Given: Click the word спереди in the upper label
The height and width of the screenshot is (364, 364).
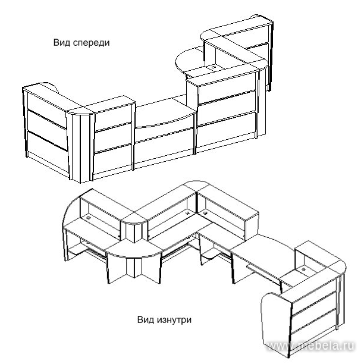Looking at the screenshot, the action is [x=91, y=43].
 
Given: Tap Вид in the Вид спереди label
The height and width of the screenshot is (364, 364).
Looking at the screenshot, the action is [x=62, y=42].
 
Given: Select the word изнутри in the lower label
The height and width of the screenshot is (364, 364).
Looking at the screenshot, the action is [x=175, y=320].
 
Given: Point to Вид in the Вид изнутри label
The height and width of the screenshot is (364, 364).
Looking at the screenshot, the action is [x=146, y=319].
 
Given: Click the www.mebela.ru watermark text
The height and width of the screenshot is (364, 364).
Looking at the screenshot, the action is [x=311, y=346].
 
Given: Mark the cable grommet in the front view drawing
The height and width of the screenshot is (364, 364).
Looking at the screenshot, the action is [x=214, y=67].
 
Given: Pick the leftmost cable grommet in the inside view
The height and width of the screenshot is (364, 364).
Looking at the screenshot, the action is [x=89, y=218].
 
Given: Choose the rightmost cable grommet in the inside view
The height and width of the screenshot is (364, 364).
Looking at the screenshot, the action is [x=304, y=270].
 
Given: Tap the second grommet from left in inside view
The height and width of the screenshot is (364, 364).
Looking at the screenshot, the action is [x=187, y=213].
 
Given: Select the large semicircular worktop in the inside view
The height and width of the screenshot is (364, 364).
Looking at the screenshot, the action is [x=134, y=249].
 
